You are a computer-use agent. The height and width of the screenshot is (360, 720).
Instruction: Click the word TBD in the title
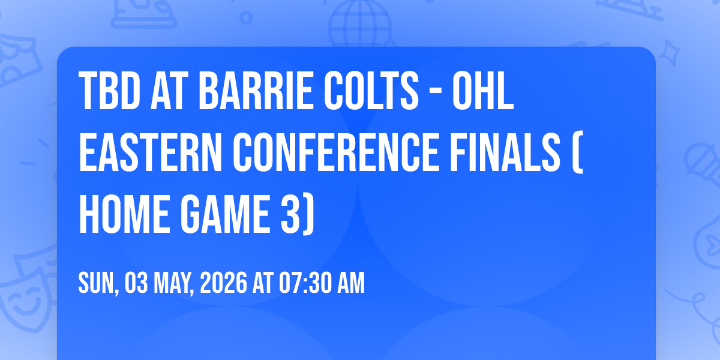(x=109, y=91)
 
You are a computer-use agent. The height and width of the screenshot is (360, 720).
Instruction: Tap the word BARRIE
(x=256, y=91)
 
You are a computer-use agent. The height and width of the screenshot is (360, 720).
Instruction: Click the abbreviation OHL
(x=483, y=91)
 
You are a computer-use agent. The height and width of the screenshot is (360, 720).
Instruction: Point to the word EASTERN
(x=151, y=152)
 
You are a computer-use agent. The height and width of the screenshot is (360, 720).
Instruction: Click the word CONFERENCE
(x=336, y=152)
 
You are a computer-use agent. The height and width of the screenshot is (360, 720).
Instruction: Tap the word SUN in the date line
(x=97, y=283)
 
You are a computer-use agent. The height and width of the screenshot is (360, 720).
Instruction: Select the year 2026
(x=223, y=283)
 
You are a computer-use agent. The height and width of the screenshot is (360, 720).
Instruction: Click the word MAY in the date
(x=172, y=283)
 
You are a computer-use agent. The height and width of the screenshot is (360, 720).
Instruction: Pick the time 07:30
(x=305, y=283)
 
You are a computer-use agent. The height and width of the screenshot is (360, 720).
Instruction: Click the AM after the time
(x=350, y=283)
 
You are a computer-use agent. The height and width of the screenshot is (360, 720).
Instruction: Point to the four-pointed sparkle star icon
(x=669, y=52)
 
